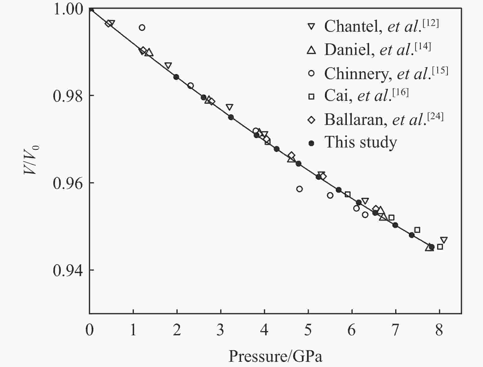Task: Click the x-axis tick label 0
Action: (90, 330)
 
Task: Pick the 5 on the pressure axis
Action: (308, 330)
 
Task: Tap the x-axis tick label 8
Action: (439, 330)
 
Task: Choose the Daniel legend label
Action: (378, 49)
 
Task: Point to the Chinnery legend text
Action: (386, 73)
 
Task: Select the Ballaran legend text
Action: (384, 119)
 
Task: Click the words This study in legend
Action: (361, 143)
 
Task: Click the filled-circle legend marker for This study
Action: (311, 143)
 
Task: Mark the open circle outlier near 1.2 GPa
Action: (142, 28)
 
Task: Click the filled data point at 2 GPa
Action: (176, 77)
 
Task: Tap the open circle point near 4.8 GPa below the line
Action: (300, 189)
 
